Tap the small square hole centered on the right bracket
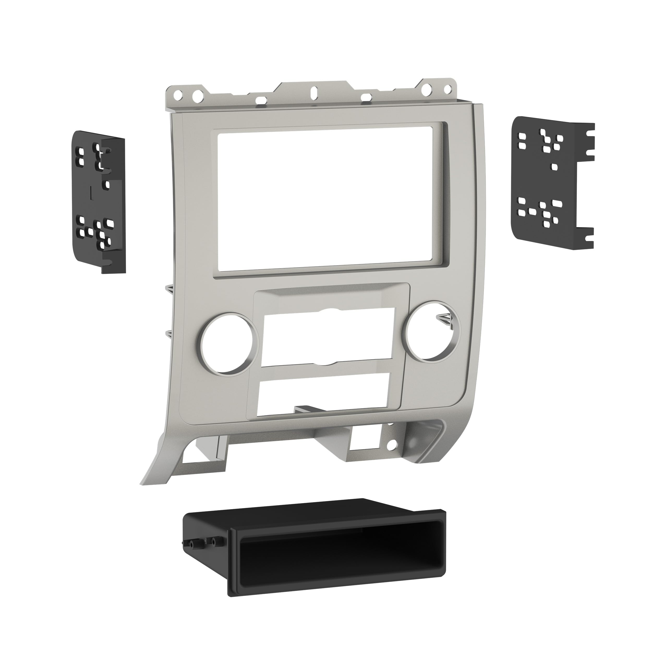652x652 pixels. pos(554,167)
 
